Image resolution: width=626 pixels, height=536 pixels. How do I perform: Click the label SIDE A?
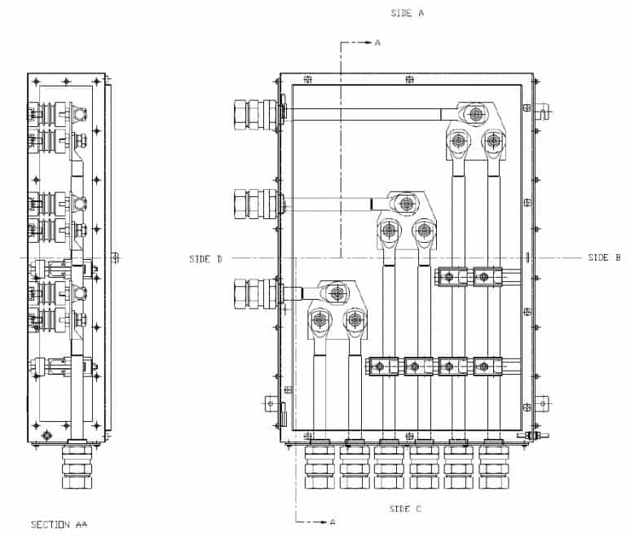pos(408,14)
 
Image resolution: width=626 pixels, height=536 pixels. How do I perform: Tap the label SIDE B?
pos(604,257)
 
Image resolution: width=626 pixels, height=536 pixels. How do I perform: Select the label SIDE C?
pos(405,509)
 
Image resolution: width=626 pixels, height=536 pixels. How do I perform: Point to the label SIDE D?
pos(205,259)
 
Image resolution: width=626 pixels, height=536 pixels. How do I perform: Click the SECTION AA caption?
pos(59,525)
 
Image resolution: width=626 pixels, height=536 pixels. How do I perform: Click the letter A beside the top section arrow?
pos(377,42)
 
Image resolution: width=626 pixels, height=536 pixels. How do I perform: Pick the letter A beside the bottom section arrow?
pos(332,521)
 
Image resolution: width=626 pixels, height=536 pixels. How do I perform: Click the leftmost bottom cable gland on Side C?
pos(319,467)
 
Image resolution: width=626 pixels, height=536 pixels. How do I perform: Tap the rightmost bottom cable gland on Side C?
pos(493,467)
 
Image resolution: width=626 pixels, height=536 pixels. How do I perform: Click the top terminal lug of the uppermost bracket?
pos(475,115)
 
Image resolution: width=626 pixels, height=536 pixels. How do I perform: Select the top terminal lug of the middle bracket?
pos(405,202)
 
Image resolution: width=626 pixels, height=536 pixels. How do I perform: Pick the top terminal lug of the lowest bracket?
pos(335,291)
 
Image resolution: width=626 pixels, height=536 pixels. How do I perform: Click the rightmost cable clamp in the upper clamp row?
pos(487,277)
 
